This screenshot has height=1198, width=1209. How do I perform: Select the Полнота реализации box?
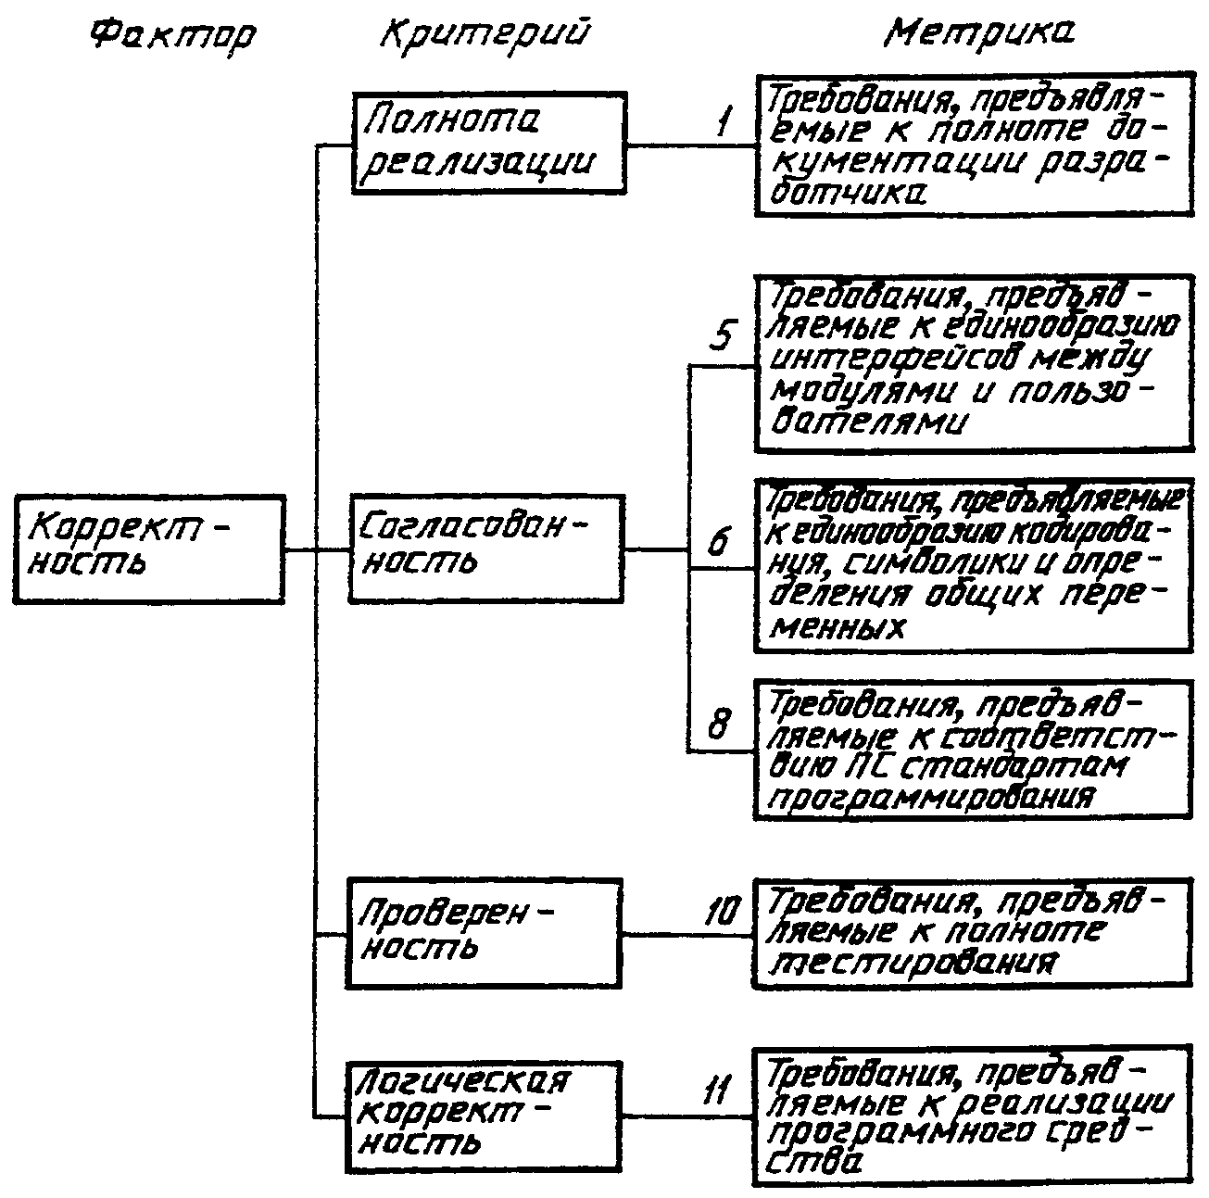pos(488,142)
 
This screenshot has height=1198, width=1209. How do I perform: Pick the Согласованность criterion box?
pos(487,549)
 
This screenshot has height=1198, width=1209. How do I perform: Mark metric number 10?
pos(723,913)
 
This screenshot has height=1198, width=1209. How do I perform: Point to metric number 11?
pos(715,1091)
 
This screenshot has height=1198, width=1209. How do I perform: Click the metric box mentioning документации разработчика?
pos(972,145)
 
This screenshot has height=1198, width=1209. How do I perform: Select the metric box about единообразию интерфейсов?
pos(973,362)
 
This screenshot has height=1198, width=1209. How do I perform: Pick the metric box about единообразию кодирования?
pos(973,565)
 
